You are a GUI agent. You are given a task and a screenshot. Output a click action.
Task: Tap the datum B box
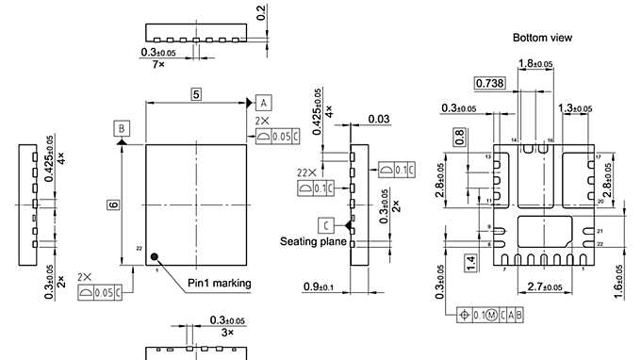coord(122,126)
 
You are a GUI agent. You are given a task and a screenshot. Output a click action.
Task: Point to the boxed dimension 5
coord(195,94)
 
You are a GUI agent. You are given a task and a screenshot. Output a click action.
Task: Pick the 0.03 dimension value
coord(379,119)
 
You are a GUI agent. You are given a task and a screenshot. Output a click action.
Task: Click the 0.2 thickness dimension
coord(260,12)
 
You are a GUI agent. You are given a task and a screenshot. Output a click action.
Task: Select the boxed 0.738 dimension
coord(489,85)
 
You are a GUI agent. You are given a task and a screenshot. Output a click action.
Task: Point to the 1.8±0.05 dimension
coord(536,64)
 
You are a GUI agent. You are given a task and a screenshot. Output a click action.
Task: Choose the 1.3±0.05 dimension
coord(575,109)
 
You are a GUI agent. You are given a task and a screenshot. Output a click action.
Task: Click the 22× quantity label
coord(305,173)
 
